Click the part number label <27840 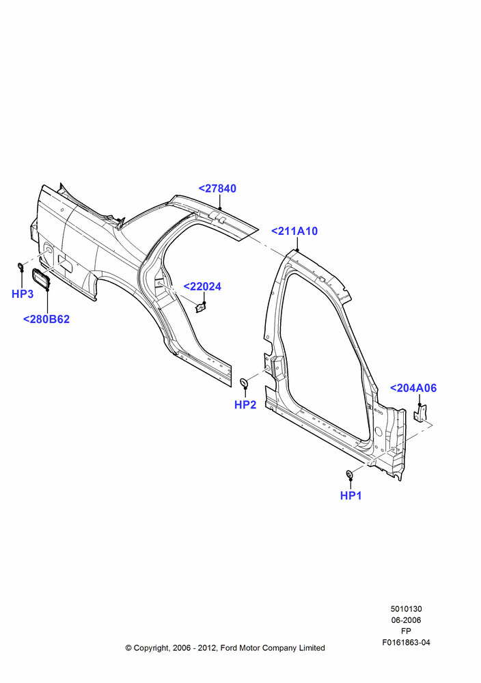217,189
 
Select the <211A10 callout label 294,232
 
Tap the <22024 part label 202,287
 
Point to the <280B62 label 46,319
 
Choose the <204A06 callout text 413,388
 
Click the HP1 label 351,496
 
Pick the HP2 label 245,404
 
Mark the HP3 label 23,294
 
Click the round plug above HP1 349,473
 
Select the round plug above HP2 245,383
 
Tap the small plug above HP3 20,266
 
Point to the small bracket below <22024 201,308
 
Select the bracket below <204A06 420,413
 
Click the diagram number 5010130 406,609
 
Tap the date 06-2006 406,620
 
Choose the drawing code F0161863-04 406,643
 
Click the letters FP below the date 406,631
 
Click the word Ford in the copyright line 229,648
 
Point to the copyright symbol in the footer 128,648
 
